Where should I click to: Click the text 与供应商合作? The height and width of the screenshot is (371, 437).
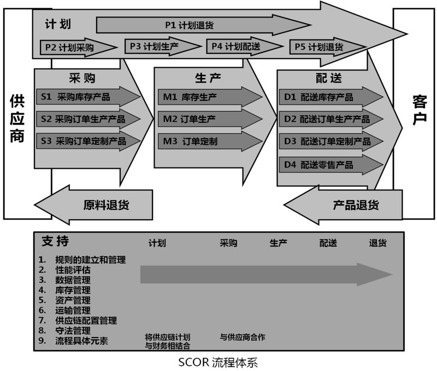click(x=243, y=337)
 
